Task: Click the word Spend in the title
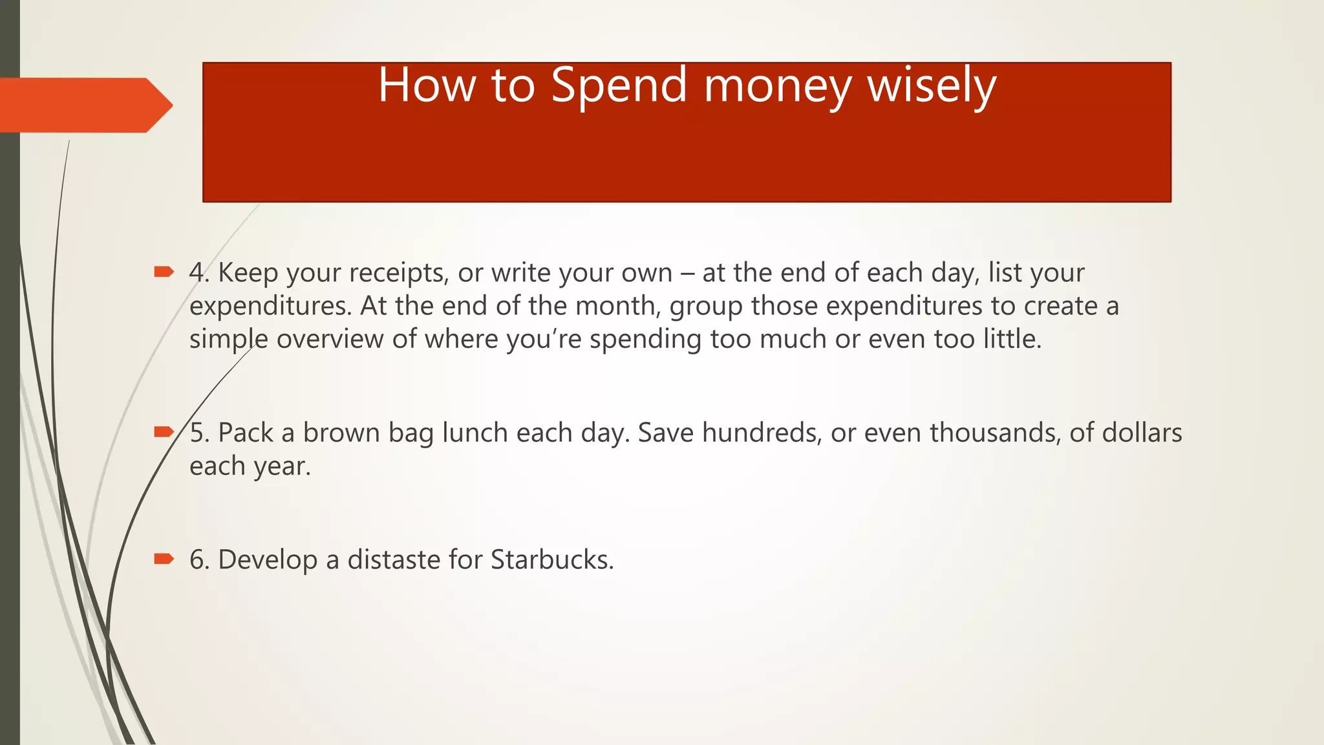pos(619,85)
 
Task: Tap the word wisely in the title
pos(932,85)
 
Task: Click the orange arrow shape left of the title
pos(84,105)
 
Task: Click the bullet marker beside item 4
pos(164,272)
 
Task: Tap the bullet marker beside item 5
pos(164,432)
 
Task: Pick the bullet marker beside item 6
pos(164,559)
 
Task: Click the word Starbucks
pos(551,560)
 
